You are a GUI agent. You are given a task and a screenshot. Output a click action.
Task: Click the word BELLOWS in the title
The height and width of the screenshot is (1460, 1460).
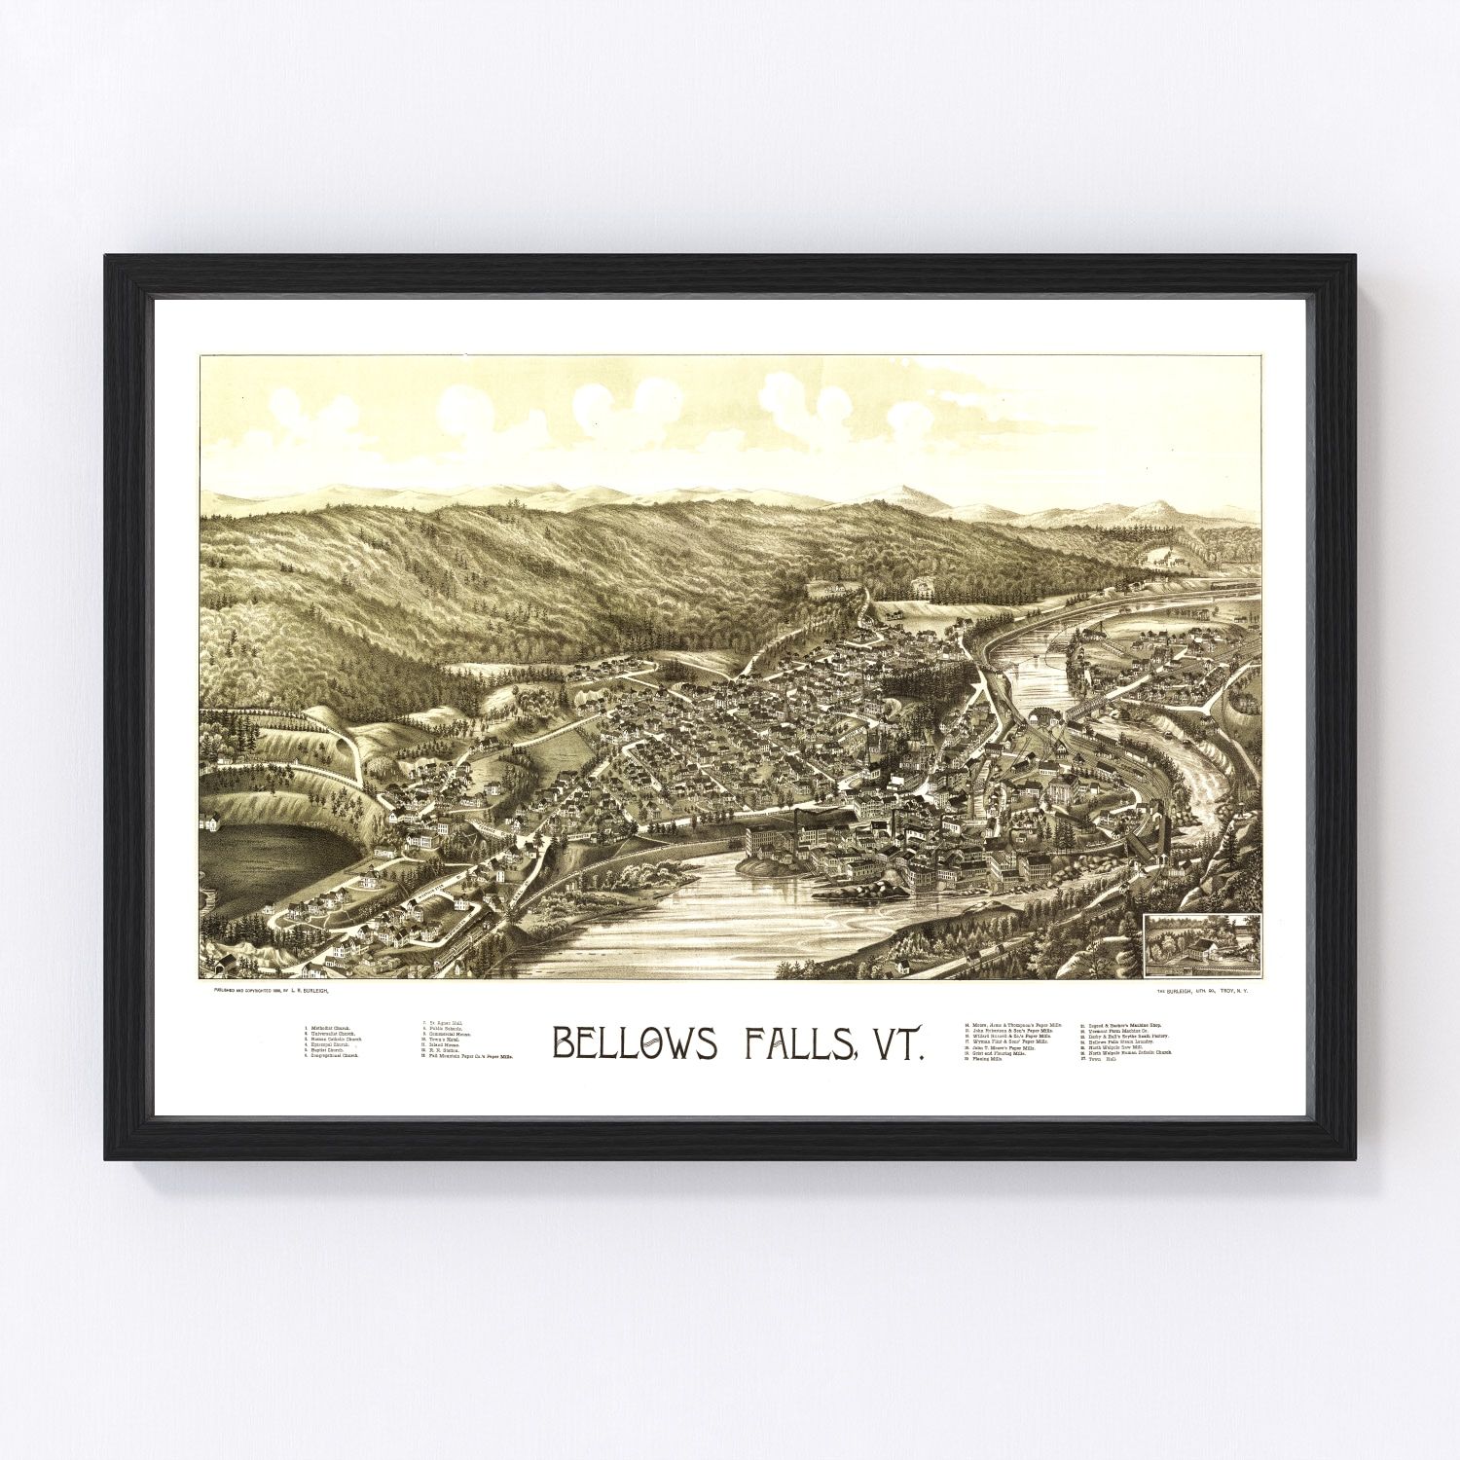click(636, 1042)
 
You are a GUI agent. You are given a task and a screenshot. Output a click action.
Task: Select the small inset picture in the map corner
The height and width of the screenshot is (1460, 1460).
click(1202, 944)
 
